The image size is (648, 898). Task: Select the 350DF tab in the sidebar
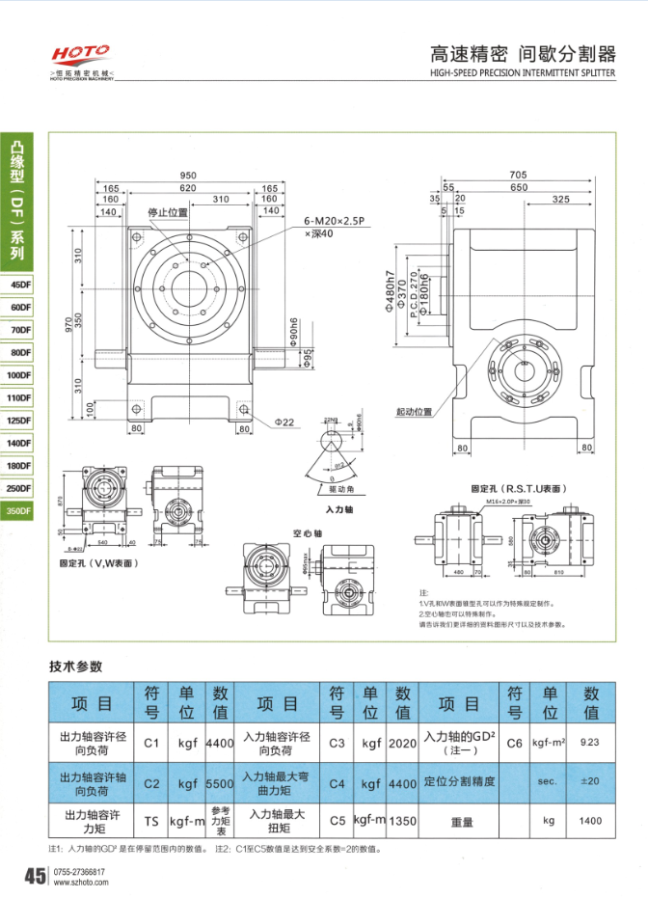[x=18, y=512]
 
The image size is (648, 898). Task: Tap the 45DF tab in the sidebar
[x=18, y=285]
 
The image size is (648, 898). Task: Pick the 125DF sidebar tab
[x=18, y=421]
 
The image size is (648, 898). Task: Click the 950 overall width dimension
[x=189, y=176]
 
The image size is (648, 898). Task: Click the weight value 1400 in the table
[x=590, y=821]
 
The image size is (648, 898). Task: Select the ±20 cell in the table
[x=590, y=781]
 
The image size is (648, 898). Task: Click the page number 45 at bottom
[x=34, y=877]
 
